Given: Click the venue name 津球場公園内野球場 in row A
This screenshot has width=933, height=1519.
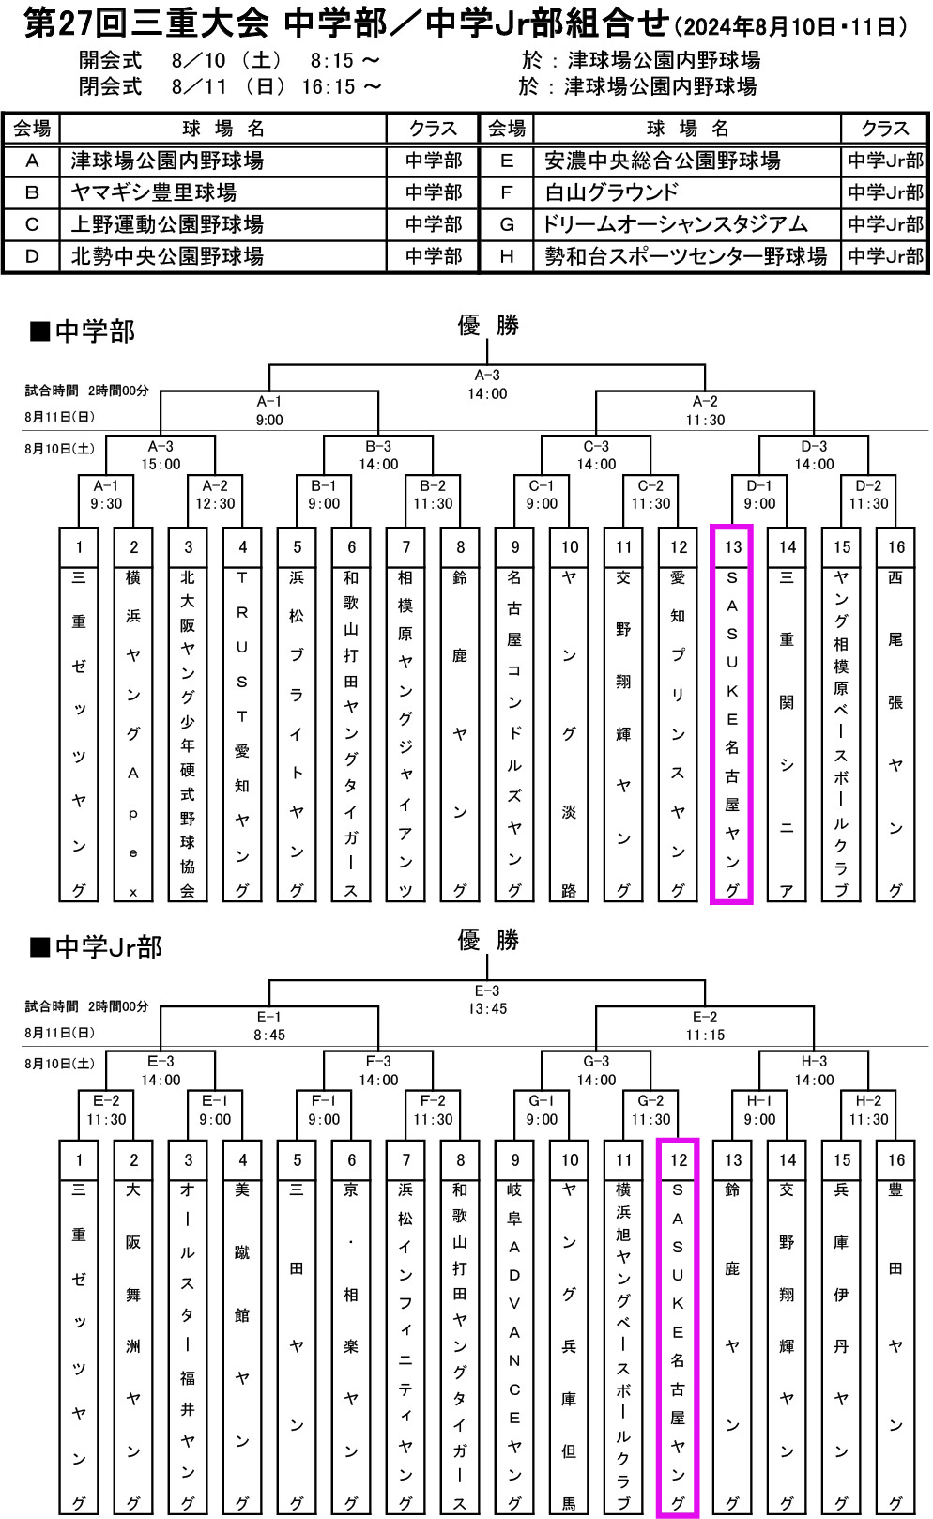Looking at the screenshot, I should tap(167, 161).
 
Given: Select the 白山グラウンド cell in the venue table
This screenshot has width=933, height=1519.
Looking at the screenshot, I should tap(611, 192).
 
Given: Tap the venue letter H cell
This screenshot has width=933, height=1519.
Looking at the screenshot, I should tap(507, 256).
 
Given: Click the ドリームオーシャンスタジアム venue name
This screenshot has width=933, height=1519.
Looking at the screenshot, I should tap(675, 224).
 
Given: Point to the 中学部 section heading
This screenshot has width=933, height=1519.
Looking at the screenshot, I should tap(94, 331).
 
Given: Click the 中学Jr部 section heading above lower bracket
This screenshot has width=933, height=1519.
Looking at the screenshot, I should tap(107, 946).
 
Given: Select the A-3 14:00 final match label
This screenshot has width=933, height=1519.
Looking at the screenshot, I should tap(487, 384).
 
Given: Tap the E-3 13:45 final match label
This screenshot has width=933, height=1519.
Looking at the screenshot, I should tap(487, 1000).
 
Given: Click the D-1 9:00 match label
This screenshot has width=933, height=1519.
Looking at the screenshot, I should tap(759, 495).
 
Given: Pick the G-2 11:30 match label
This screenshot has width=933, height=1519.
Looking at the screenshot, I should tap(650, 1110).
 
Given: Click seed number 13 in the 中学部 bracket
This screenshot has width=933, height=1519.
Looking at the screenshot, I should tap(733, 547).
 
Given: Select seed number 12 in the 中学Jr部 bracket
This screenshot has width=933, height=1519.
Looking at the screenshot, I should tap(679, 1160).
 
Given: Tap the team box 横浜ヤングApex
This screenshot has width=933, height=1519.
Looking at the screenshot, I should tap(133, 732).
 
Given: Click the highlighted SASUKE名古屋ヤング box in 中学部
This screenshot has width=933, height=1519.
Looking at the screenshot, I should tap(732, 732).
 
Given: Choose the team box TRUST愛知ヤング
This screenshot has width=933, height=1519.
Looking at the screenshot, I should tap(242, 732).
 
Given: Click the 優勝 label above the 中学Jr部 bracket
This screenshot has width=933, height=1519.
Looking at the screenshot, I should tap(487, 940).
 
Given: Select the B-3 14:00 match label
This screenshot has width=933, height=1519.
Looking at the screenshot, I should tap(378, 455).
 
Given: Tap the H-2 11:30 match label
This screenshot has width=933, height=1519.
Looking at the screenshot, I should tap(868, 1110).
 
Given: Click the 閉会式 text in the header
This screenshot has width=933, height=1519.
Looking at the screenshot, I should tap(110, 86).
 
